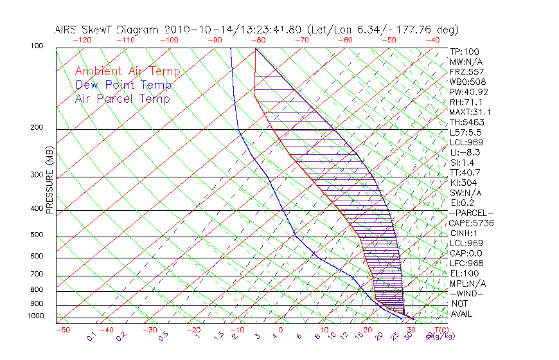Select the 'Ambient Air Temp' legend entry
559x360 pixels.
pos(127,71)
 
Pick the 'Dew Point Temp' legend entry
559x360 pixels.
pos(123,85)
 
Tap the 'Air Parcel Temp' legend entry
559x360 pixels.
pos(123,98)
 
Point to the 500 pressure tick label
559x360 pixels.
pos(37,235)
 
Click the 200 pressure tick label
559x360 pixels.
pos(37,127)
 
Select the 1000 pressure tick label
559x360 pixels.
pos(35,316)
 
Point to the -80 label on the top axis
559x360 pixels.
pos(258,39)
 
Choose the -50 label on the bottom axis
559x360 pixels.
pos(62,330)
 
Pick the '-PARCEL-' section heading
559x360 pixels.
pos(471,213)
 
